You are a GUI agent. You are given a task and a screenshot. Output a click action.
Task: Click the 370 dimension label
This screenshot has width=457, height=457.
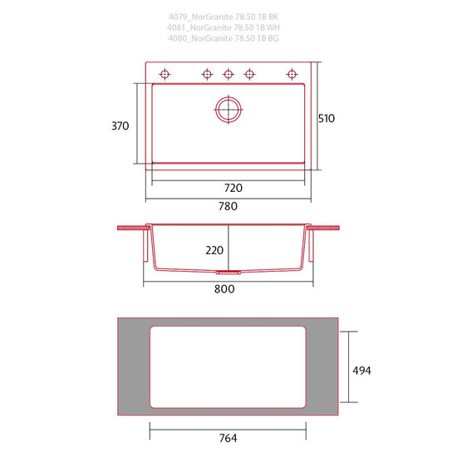pos(120,126)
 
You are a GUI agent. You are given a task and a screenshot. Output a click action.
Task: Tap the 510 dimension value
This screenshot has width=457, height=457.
pos(327,119)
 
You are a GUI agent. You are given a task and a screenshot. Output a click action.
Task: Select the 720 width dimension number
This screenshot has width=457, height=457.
pos(233,188)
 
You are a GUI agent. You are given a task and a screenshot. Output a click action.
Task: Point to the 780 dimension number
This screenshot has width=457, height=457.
pos(228,206)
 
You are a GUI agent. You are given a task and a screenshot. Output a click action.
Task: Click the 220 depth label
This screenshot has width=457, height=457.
pos(214,250)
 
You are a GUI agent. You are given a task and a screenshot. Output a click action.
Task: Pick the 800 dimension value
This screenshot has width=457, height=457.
pos(224,289)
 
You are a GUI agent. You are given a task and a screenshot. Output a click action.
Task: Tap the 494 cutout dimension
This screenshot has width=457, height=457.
pos(361,371)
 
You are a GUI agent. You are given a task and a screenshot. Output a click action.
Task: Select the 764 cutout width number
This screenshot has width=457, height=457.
pos(228,438)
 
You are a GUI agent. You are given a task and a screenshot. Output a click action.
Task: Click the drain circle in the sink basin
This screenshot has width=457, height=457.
pos(228,110)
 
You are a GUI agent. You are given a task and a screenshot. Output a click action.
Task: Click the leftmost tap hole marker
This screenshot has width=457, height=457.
pos(165,74)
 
